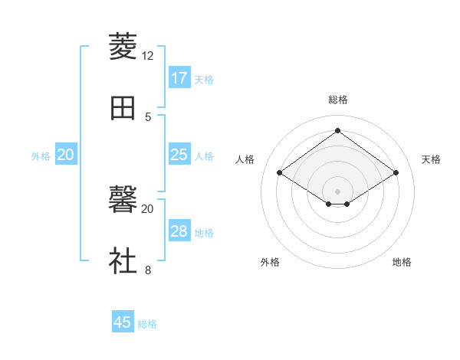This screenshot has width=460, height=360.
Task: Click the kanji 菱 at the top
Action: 123,47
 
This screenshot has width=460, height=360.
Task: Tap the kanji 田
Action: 123,108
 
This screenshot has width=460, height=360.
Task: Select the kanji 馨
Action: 123,200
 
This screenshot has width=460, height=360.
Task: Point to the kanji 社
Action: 123,261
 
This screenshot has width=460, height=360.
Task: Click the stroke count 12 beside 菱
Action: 148,56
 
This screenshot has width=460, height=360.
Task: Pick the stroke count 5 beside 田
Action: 148,116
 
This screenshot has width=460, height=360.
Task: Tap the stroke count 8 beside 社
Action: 148,270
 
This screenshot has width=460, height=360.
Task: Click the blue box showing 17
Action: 179,78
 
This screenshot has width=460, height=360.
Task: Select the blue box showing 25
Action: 179,155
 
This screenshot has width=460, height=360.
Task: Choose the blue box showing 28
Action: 179,231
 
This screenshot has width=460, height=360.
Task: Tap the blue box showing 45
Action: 123,322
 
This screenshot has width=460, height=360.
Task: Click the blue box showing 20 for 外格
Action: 66,155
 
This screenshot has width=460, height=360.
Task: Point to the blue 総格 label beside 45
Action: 147,324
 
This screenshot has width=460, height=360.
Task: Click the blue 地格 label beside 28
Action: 204,232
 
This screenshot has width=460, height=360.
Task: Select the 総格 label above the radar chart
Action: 338,100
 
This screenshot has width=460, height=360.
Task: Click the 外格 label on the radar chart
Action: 270,262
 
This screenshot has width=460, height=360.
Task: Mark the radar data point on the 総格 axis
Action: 337,131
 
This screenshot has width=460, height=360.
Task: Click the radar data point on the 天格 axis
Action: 396,173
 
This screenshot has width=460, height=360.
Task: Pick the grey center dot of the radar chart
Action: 337,191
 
